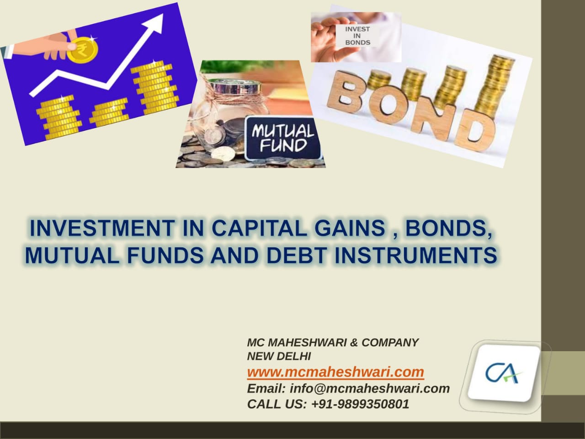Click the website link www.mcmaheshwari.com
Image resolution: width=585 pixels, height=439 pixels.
click(x=335, y=372)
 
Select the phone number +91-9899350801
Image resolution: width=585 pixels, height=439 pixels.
click(x=360, y=404)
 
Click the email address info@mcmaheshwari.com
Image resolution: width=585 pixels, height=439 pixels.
click(x=370, y=388)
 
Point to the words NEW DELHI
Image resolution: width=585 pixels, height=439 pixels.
click(x=279, y=356)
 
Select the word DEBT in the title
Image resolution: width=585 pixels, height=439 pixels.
click(x=296, y=256)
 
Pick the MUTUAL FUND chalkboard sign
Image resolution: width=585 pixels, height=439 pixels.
click(x=282, y=138)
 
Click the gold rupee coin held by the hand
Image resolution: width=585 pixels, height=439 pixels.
click(x=82, y=49)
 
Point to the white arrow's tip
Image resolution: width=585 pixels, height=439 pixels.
click(x=163, y=14)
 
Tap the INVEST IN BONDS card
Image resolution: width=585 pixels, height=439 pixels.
click(x=357, y=36)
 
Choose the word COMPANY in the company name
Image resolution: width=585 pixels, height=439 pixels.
click(x=390, y=343)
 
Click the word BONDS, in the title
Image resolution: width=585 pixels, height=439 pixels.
click(x=448, y=229)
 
